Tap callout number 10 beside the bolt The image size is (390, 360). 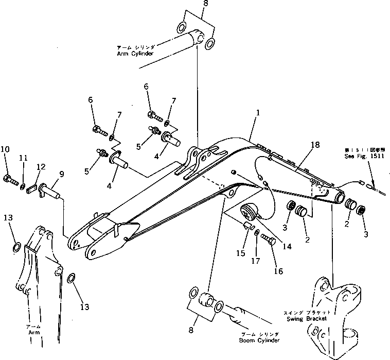(x=5, y=150)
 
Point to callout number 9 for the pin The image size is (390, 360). (x=61, y=175)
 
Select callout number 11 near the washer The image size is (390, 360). (x=23, y=158)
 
